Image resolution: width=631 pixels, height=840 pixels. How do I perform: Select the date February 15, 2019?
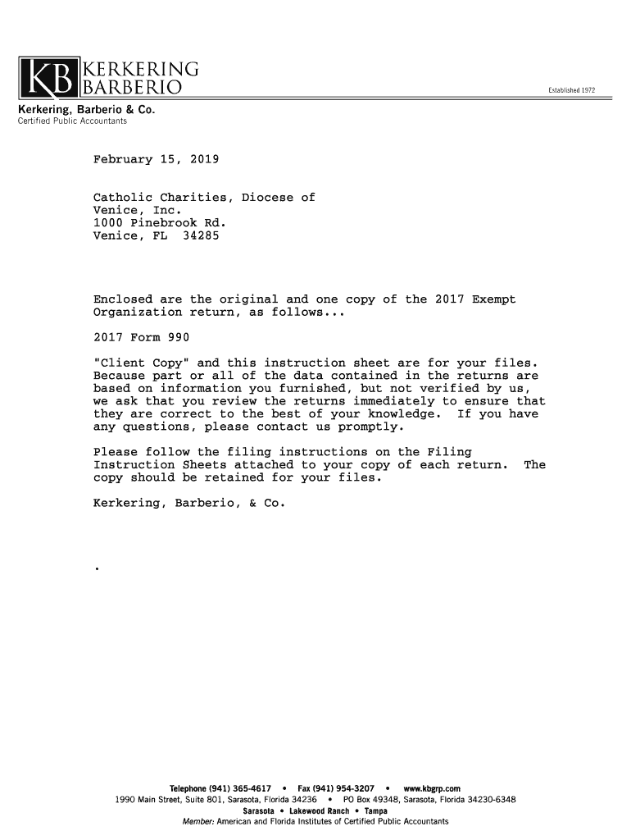pyautogui.click(x=156, y=158)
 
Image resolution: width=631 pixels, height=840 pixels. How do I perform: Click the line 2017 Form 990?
pyautogui.click(x=142, y=337)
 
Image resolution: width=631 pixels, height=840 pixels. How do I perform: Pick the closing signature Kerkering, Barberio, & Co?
pyautogui.click(x=189, y=503)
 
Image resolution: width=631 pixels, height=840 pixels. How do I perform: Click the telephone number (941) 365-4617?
pyautogui.click(x=241, y=789)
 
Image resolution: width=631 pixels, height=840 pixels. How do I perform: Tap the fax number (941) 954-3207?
pyautogui.click(x=344, y=789)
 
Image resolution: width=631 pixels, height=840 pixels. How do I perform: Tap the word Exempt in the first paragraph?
pyautogui.click(x=493, y=299)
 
